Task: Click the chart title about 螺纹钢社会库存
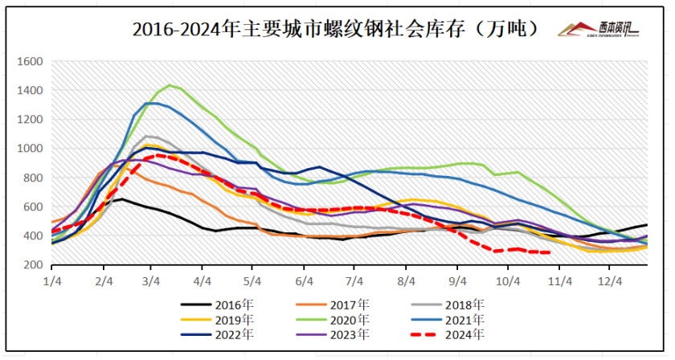pos(338,30)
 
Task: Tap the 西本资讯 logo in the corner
pos(600,30)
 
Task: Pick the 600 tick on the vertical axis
pos(31,207)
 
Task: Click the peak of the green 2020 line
pos(170,85)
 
